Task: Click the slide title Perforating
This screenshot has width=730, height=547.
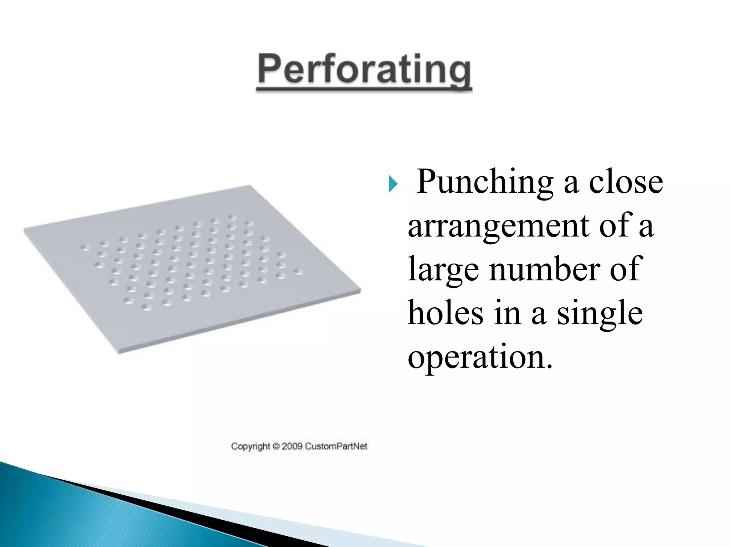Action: tap(364, 69)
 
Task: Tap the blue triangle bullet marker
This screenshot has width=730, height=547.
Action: tap(393, 184)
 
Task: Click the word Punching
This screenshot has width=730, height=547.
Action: tap(485, 182)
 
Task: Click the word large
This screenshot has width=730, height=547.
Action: tap(443, 270)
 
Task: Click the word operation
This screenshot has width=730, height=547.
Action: tap(480, 357)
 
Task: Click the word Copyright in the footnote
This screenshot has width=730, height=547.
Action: tap(251, 447)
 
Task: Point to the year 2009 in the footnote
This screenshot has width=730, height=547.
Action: tap(292, 446)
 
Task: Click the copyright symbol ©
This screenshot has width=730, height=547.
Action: tap(276, 446)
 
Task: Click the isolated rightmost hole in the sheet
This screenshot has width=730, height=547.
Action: tap(298, 272)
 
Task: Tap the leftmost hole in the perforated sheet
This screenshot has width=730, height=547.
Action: tap(85, 248)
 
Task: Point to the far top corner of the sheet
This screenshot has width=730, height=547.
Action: tap(250, 186)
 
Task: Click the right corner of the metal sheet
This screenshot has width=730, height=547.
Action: tap(360, 290)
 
